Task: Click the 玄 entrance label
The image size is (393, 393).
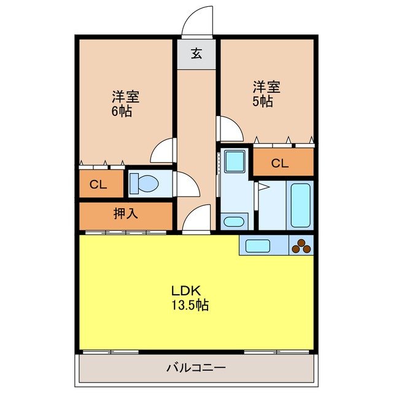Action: pyautogui.click(x=196, y=53)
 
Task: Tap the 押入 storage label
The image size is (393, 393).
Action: pyautogui.click(x=125, y=214)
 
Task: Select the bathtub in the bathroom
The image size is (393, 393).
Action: pyautogui.click(x=301, y=205)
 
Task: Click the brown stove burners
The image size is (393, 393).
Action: pyautogui.click(x=301, y=246)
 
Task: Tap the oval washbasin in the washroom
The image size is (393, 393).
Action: pyautogui.click(x=233, y=222)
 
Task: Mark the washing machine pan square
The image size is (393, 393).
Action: pyautogui.click(x=233, y=161)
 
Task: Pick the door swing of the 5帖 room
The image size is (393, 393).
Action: pyautogui.click(x=231, y=129)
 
